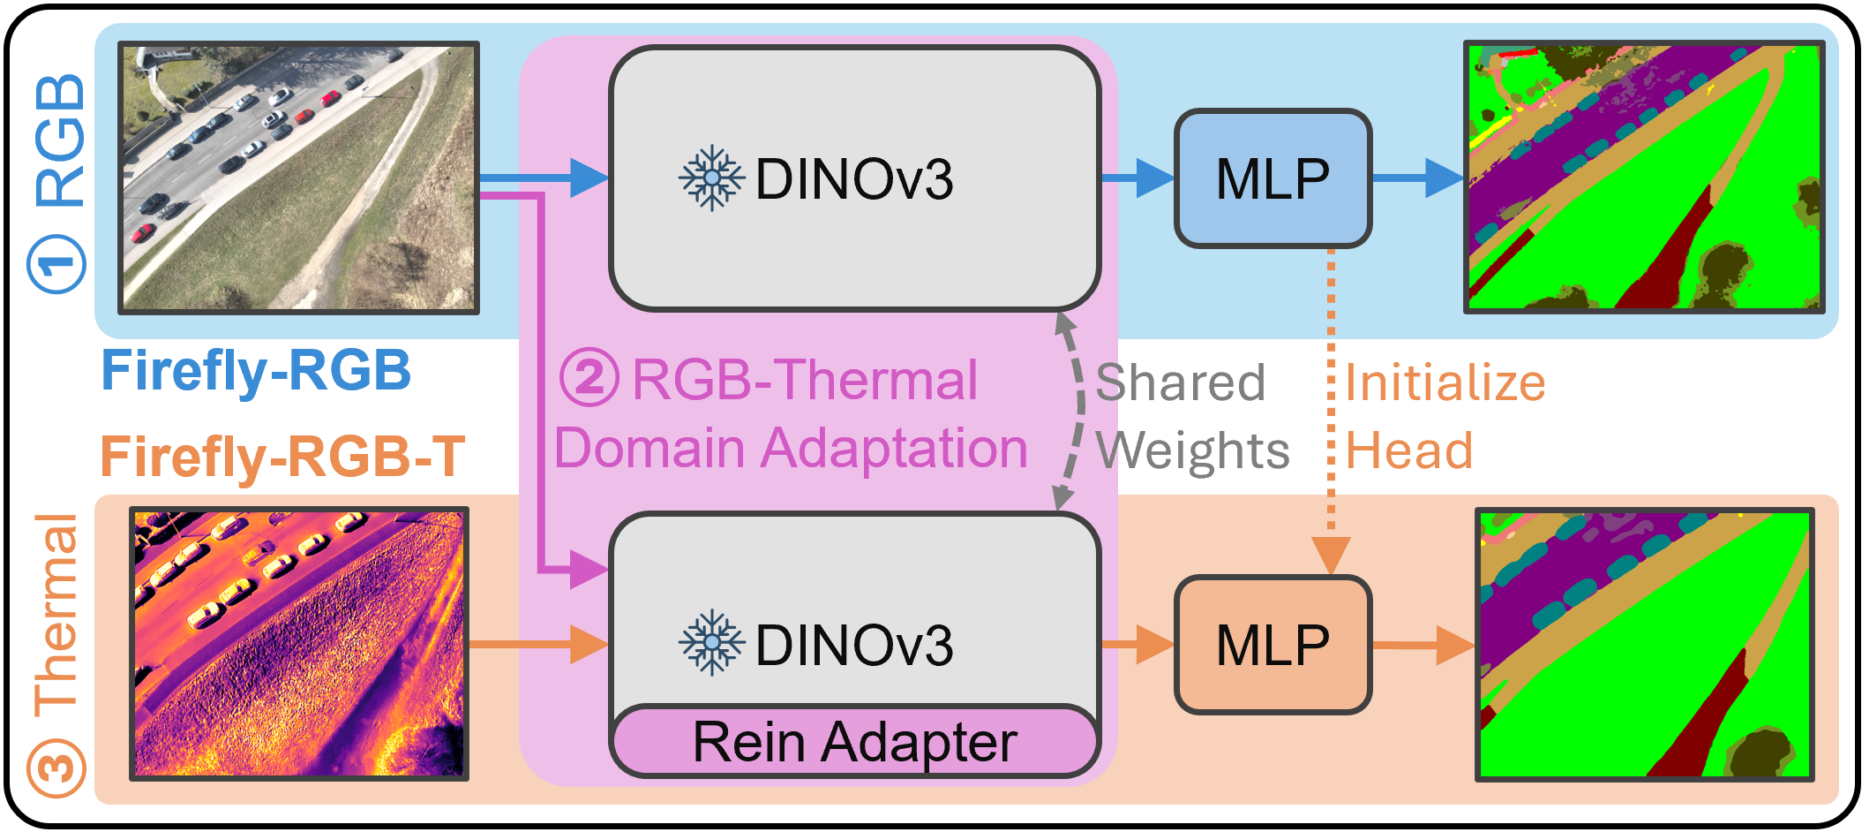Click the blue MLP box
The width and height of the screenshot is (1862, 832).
(1273, 178)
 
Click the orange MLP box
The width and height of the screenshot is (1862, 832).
(1273, 645)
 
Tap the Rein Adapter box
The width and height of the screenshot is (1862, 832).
(854, 742)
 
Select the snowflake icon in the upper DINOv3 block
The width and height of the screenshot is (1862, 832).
(711, 178)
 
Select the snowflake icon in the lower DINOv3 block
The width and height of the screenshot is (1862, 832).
(711, 643)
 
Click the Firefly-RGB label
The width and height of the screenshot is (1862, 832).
(256, 370)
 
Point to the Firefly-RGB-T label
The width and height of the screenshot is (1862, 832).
(282, 456)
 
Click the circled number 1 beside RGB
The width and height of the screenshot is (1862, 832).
(57, 263)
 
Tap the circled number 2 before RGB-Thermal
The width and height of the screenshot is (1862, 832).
(589, 378)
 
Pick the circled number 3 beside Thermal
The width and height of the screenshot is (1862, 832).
(56, 768)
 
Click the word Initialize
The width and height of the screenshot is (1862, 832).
(1445, 382)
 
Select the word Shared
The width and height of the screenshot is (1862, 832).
(1180, 382)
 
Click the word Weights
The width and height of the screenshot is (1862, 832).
(1192, 450)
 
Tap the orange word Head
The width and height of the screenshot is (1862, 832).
(1409, 450)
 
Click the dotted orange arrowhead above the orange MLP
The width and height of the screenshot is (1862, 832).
(1331, 555)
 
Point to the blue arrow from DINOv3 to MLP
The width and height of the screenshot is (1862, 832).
(1137, 178)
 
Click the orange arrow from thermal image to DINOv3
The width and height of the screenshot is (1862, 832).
(538, 644)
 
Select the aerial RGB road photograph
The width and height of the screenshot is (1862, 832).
(299, 178)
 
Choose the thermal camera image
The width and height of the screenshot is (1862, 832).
(299, 644)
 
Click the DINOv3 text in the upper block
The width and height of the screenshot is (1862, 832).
(853, 179)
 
